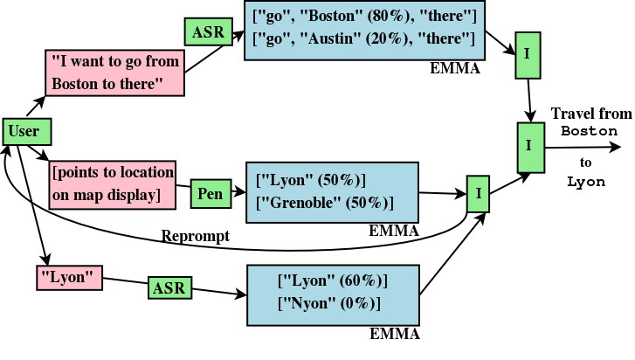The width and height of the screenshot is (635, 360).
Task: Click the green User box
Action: point(25,132)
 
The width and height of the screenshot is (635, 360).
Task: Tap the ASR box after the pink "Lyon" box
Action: point(169,287)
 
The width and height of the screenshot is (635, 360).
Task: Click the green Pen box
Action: point(210,193)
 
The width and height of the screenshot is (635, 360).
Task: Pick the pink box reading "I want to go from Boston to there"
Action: point(114,73)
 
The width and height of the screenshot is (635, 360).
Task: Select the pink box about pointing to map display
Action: point(113,183)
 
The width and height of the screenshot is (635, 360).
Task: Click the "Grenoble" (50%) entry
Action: point(324,203)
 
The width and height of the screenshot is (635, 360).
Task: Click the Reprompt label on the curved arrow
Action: point(195,236)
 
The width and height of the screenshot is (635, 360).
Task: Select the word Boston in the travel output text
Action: point(589,131)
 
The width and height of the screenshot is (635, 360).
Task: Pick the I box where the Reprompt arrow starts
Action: point(478,193)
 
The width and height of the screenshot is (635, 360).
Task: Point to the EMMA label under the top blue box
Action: point(455,68)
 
